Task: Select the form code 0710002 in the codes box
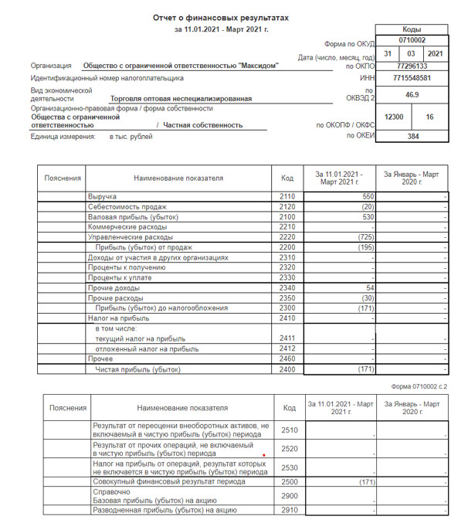[x=412, y=39]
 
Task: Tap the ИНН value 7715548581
[x=412, y=78]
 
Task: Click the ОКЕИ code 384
[x=412, y=135]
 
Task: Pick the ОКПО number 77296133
[x=412, y=66]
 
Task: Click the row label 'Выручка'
[x=102, y=198]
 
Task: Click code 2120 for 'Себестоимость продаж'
[x=287, y=208]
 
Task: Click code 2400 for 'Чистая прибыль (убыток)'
[x=287, y=370]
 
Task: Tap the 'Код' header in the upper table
[x=287, y=178]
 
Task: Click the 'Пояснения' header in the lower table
[x=68, y=408]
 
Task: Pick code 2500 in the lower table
[x=290, y=481]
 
